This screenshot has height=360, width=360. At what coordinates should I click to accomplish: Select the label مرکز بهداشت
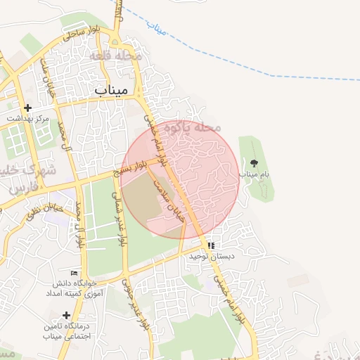pos(29,119)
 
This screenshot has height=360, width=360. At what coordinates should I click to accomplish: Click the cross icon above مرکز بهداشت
pos(27,108)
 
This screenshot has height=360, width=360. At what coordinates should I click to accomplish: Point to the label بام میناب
pos(255,173)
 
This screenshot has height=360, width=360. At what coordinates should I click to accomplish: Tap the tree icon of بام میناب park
pos(254,162)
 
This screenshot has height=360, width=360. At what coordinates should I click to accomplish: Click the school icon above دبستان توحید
pos(211,246)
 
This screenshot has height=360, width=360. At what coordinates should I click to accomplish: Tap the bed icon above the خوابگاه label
pos(75,273)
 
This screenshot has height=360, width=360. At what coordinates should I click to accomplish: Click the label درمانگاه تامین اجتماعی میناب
pos(66,333)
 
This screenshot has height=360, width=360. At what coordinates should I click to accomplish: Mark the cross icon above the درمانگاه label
pos(66,314)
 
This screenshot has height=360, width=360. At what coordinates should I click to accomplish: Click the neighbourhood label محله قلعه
pos(115,55)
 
